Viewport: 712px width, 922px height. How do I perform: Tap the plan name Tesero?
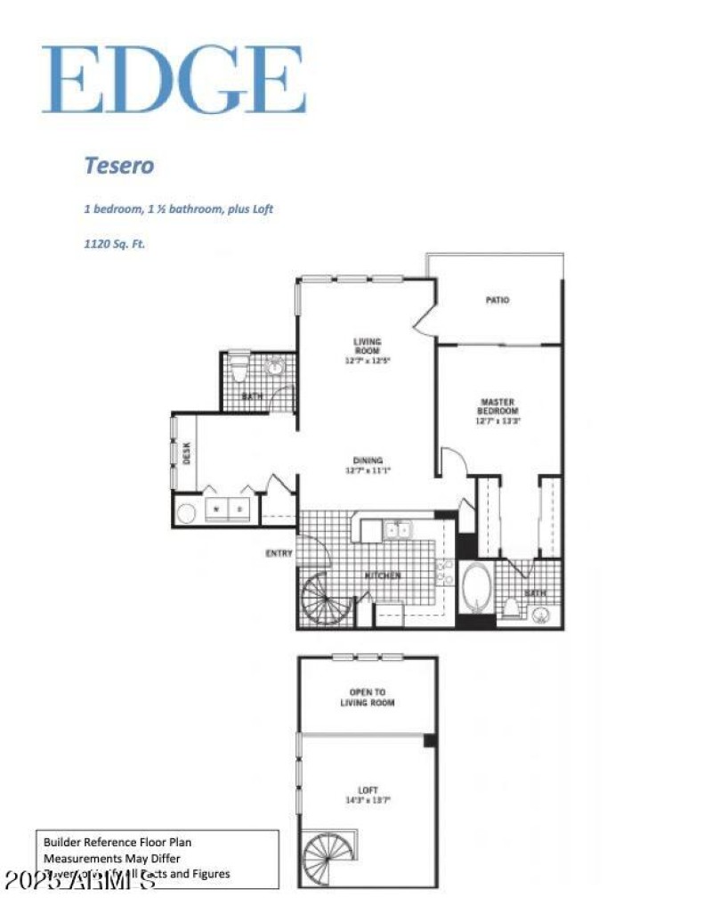[x=119, y=166]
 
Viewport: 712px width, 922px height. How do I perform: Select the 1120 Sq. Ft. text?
[x=114, y=241]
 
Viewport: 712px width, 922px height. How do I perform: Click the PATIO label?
[x=497, y=300]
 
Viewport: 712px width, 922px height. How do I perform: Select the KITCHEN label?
[x=383, y=575]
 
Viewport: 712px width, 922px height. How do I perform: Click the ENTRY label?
[x=279, y=553]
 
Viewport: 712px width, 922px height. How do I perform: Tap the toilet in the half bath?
[x=240, y=366]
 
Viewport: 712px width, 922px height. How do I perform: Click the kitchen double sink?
[x=398, y=531]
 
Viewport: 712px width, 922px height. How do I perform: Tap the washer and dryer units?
[x=228, y=509]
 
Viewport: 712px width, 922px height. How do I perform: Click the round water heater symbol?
[x=187, y=512]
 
